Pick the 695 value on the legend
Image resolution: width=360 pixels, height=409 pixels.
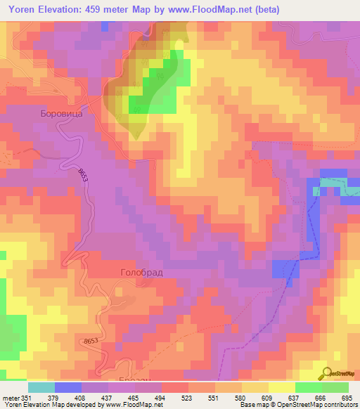tap(347, 398)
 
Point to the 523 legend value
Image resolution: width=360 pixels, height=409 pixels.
tap(186, 398)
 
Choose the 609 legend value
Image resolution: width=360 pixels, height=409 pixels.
tap(265, 398)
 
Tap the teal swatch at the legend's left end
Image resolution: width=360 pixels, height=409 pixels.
tap(41, 387)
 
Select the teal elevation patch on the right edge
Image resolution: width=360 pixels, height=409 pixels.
tap(330, 183)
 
